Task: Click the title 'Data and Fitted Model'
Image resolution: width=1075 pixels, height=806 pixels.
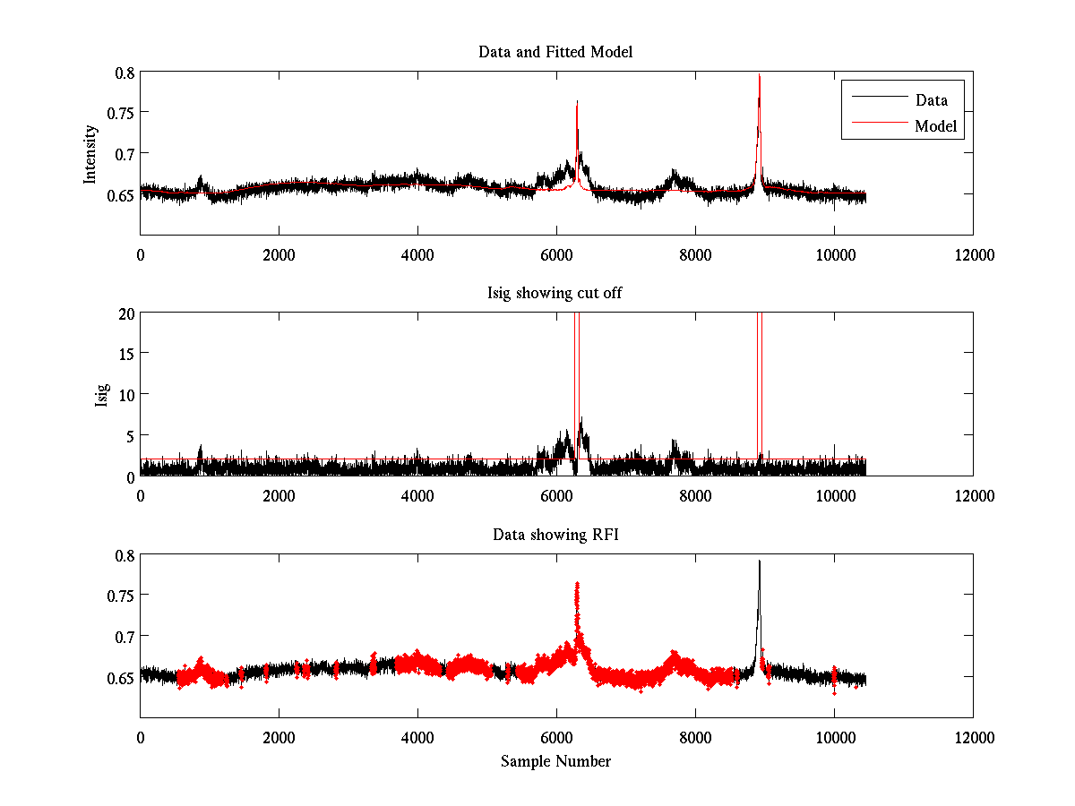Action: (555, 52)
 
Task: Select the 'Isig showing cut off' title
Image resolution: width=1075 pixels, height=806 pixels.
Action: (555, 294)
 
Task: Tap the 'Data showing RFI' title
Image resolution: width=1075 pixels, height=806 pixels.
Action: (555, 535)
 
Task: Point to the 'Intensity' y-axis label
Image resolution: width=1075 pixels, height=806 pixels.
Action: (90, 153)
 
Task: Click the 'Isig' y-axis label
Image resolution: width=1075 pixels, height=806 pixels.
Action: (102, 395)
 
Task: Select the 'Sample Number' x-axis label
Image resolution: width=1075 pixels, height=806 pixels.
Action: (555, 761)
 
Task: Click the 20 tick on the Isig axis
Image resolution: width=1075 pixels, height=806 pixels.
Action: (125, 313)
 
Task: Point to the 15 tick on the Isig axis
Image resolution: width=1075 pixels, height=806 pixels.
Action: (125, 354)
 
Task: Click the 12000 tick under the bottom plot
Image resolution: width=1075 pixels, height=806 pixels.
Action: (973, 737)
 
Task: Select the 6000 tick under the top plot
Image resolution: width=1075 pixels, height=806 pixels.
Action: (556, 254)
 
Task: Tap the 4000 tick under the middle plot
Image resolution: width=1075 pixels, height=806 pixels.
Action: (417, 495)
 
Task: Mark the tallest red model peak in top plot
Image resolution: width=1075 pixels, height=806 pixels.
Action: (760, 76)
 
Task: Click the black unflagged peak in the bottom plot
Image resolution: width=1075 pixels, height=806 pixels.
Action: (760, 562)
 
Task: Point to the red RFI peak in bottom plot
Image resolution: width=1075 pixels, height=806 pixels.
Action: (577, 584)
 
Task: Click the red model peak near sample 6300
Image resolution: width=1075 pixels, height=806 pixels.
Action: (577, 103)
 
